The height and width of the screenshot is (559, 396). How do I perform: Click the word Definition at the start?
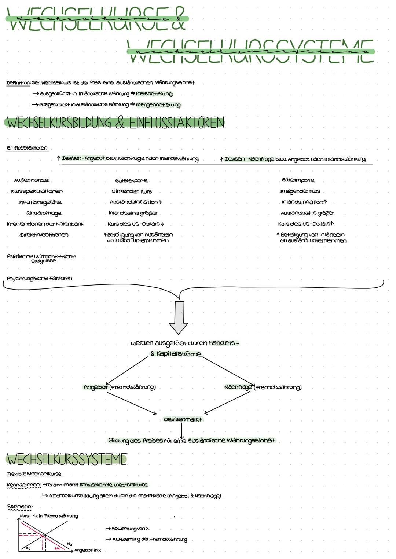[x=18, y=83]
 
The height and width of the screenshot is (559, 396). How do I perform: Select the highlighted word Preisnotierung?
[x=154, y=94]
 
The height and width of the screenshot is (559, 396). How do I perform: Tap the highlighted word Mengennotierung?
[x=158, y=105]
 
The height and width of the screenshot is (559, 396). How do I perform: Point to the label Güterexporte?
[x=131, y=180]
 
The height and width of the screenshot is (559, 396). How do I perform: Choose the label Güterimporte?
[x=298, y=180]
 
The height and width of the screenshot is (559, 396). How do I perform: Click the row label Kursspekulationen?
[x=37, y=191]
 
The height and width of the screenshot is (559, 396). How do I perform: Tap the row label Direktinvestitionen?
[x=44, y=235]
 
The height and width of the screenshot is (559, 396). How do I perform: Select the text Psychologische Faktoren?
[x=39, y=279]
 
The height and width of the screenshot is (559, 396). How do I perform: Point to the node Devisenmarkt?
[x=183, y=419]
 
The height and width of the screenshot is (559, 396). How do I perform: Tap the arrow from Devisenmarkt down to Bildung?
[x=181, y=430]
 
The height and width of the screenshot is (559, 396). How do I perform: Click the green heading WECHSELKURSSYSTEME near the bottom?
[x=66, y=459]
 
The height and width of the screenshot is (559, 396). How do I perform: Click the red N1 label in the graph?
[x=57, y=548]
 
